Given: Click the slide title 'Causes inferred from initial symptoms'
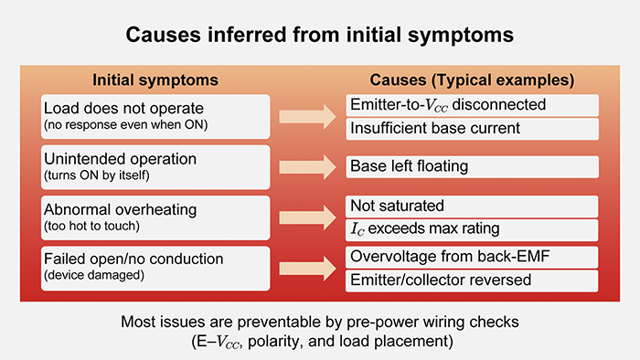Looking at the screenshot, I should tap(319, 36).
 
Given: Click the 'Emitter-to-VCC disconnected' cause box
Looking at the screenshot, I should tap(472, 105).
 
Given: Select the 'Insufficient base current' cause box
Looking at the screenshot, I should tap(472, 128).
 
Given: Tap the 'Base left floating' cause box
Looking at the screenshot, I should tap(472, 166).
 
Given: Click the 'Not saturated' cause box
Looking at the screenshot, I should tap(472, 206).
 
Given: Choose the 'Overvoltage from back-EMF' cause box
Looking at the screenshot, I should tap(472, 257).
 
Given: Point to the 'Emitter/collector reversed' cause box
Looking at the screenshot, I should tap(472, 281).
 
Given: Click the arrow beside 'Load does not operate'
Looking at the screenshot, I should tap(307, 116).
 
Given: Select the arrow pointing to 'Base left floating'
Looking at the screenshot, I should tap(307, 166).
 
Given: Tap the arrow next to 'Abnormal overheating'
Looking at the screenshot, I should tap(307, 217).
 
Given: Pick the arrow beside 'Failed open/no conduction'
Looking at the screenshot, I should tap(307, 268).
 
